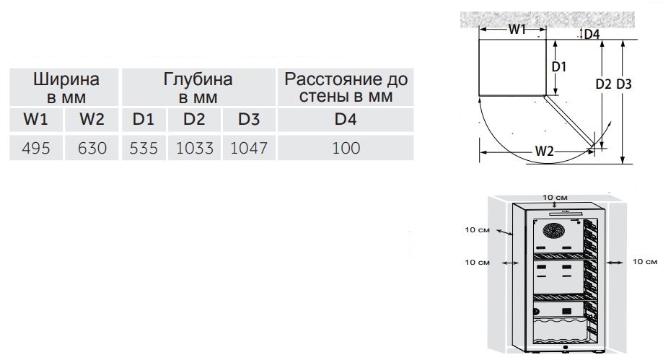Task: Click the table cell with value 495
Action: tap(36, 148)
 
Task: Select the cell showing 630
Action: tap(92, 148)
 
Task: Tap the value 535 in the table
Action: tap(144, 148)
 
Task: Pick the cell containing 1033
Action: tap(195, 148)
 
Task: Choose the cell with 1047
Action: tap(249, 148)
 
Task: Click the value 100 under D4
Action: tap(346, 148)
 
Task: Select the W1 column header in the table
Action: tap(36, 119)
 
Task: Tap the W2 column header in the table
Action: tap(92, 119)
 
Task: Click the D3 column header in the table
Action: tap(249, 119)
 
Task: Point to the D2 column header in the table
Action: tap(195, 119)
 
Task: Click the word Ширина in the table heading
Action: tap(66, 79)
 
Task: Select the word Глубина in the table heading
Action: tap(198, 79)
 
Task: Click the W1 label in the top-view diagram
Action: tap(517, 29)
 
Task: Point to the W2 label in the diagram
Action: tap(544, 151)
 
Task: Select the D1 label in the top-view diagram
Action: tap(559, 66)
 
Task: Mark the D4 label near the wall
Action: tap(592, 34)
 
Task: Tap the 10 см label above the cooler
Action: tap(556, 198)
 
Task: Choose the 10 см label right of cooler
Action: tap(645, 262)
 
